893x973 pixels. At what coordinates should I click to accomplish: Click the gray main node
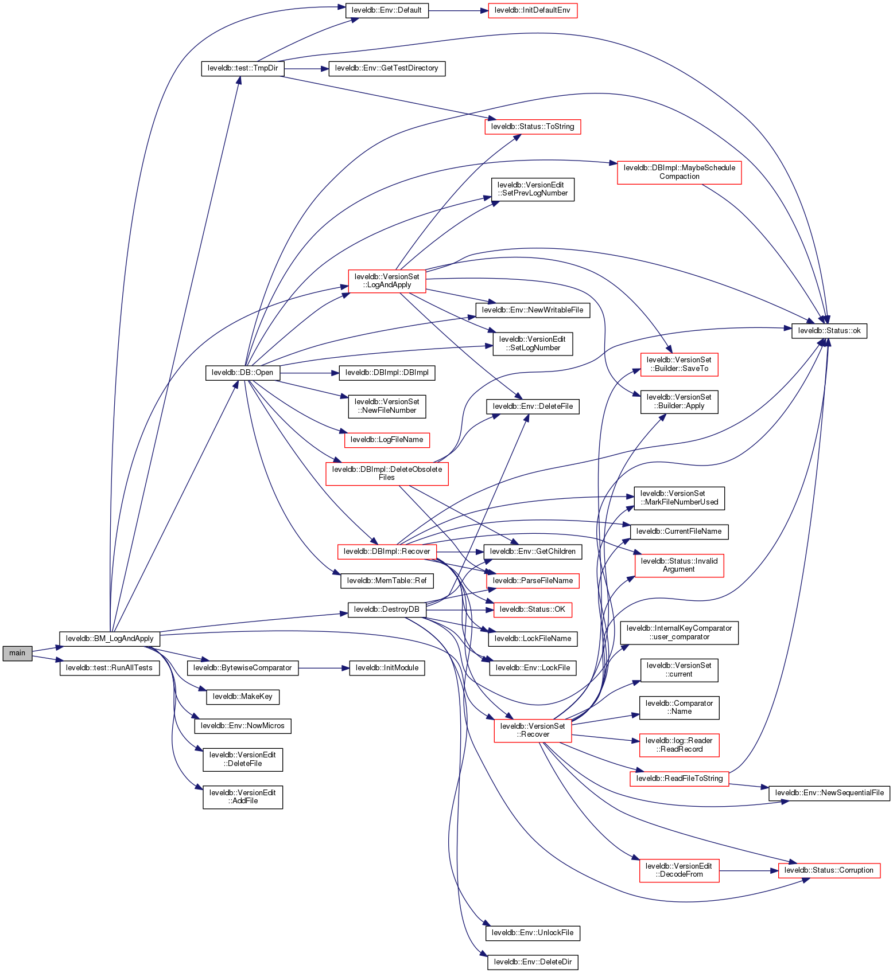pyautogui.click(x=17, y=653)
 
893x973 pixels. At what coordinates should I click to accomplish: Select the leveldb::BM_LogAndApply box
pyautogui.click(x=110, y=639)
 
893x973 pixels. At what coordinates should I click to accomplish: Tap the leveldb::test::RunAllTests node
pyautogui.click(x=110, y=668)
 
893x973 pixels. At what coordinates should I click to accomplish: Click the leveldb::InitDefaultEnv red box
pyautogui.click(x=533, y=10)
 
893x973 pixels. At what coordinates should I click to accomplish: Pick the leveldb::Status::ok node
pyautogui.click(x=829, y=331)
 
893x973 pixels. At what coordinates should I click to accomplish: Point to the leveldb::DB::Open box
pyautogui.click(x=243, y=373)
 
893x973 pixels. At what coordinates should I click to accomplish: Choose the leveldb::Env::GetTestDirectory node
pyautogui.click(x=387, y=68)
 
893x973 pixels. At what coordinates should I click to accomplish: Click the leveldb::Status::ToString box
pyautogui.click(x=533, y=127)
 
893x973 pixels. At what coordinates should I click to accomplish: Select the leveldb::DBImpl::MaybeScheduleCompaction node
pyautogui.click(x=680, y=172)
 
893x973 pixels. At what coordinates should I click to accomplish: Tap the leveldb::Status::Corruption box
pyautogui.click(x=829, y=870)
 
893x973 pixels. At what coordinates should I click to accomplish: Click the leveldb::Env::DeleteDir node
pyautogui.click(x=533, y=962)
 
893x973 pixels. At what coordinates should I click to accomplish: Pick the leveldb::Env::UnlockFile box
pyautogui.click(x=533, y=933)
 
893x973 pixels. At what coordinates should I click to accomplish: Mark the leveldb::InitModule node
pyautogui.click(x=387, y=668)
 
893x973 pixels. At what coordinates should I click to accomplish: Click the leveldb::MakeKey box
pyautogui.click(x=243, y=697)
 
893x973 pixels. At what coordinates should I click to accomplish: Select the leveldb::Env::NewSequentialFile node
pyautogui.click(x=829, y=793)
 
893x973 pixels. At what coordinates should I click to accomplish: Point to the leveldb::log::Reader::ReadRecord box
pyautogui.click(x=680, y=745)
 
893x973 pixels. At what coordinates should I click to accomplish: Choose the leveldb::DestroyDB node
pyautogui.click(x=387, y=609)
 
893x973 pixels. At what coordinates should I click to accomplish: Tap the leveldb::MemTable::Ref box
pyautogui.click(x=387, y=581)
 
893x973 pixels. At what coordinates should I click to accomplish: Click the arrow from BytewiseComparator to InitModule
pyautogui.click(x=324, y=668)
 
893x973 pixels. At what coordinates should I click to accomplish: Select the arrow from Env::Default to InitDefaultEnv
pyautogui.click(x=458, y=10)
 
